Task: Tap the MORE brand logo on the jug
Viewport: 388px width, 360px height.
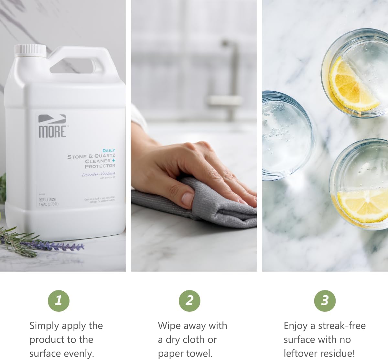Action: pos(52,127)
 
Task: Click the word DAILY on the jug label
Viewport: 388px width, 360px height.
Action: pos(109,151)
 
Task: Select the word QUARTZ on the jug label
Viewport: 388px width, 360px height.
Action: pos(104,156)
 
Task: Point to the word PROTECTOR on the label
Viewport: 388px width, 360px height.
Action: pos(100,166)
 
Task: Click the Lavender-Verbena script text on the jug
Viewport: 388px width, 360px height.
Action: pos(98,174)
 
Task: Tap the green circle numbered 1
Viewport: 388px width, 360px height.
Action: pos(59,301)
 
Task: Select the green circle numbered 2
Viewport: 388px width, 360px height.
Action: pos(189,301)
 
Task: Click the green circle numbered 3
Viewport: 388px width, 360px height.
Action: pos(325,301)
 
